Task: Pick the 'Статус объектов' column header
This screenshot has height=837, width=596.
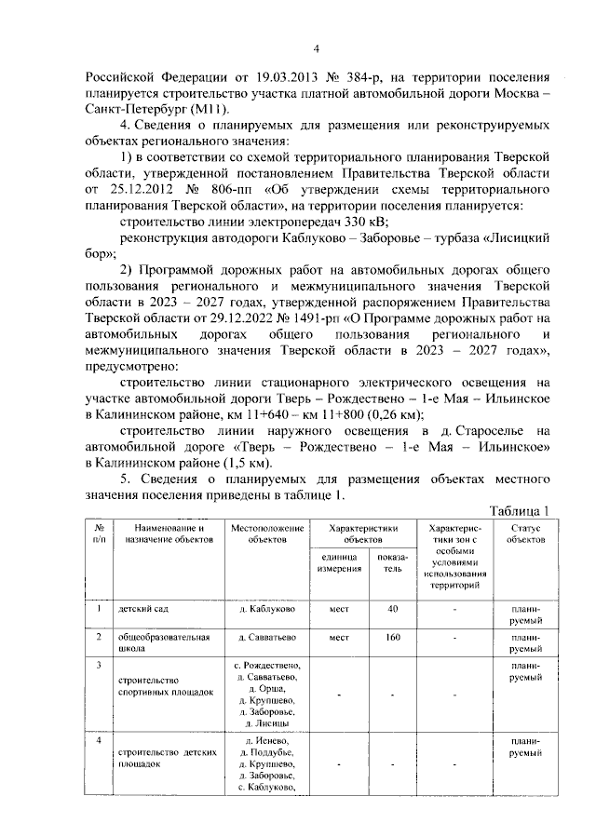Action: point(526,533)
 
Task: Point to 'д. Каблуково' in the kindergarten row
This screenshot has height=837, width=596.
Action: point(268,610)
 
